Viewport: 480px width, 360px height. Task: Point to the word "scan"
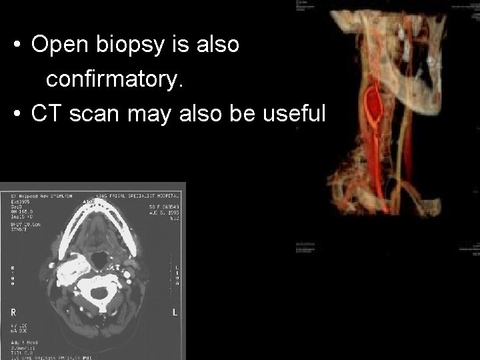click(x=94, y=114)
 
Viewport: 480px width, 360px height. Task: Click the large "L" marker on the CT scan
click(x=174, y=312)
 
